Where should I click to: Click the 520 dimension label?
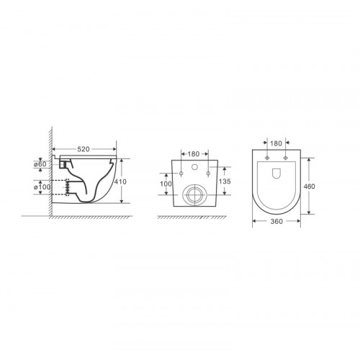point(84,149)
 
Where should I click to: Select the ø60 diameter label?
point(40,164)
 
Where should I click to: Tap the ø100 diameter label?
point(42,186)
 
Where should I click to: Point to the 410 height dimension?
point(120,181)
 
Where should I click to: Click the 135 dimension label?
point(225,181)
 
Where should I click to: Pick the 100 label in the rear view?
point(166,184)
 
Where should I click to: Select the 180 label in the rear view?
point(194,154)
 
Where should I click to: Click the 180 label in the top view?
point(276,143)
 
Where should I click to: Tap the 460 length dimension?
point(309,186)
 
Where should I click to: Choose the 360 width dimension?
point(276,221)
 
